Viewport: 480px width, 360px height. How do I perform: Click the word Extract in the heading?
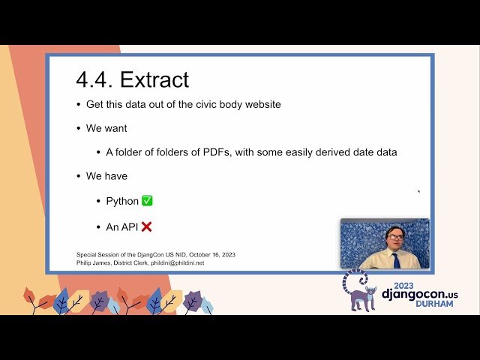(x=154, y=79)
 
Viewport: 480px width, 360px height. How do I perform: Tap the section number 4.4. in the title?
(x=94, y=79)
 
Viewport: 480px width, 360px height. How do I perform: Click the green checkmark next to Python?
(x=147, y=201)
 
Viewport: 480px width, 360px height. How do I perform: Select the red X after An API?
(x=147, y=226)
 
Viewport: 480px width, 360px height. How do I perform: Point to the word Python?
(x=122, y=201)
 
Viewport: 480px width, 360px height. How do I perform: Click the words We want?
(x=106, y=128)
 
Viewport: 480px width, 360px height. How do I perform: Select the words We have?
(x=106, y=176)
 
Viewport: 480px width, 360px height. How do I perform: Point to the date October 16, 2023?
(x=207, y=254)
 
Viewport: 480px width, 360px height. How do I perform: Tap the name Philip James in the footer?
(x=94, y=262)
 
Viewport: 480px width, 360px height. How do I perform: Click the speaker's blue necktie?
(x=396, y=259)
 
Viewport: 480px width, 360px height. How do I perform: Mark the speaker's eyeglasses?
(x=395, y=237)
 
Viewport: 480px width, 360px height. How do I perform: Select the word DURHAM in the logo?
(x=433, y=304)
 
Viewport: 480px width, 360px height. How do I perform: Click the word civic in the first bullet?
(x=202, y=104)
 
